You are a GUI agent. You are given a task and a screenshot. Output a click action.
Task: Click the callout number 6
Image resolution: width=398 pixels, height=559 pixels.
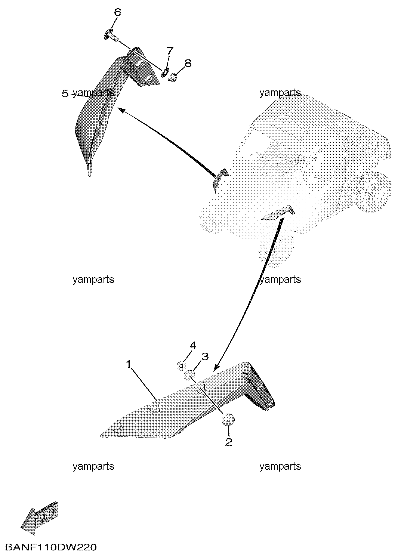pos(117,12)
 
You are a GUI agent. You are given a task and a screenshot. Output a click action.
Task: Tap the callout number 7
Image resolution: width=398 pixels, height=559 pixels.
pos(170,51)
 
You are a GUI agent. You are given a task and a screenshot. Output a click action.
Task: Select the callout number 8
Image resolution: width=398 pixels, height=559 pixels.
pos(188,63)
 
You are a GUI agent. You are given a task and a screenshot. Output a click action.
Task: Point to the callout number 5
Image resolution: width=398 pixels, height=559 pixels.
pos(65,94)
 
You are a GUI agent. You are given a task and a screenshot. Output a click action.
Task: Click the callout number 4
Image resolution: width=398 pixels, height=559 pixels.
pos(193,346)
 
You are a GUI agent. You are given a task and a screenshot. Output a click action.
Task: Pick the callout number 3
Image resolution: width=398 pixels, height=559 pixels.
pos(205,357)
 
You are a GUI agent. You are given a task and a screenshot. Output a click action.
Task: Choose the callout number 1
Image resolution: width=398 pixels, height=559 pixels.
pos(129,364)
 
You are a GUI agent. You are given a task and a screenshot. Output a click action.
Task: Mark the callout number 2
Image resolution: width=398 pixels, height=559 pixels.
pos(229,442)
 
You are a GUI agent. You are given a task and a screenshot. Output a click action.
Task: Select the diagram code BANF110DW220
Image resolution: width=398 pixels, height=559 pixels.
pos(51,547)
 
